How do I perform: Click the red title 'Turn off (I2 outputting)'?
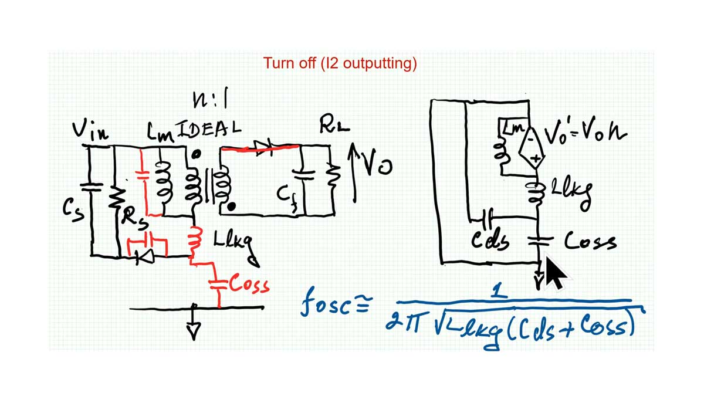[340, 63]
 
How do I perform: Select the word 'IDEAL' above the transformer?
[209, 128]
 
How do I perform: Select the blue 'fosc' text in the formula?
[327, 304]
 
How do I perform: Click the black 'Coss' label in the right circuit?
[590, 241]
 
